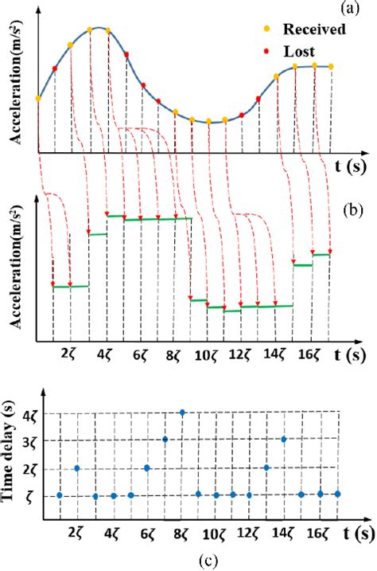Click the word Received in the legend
click(x=318, y=30)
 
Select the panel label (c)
click(x=208, y=561)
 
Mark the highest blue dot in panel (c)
click(x=182, y=413)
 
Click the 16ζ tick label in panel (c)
click(x=314, y=533)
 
